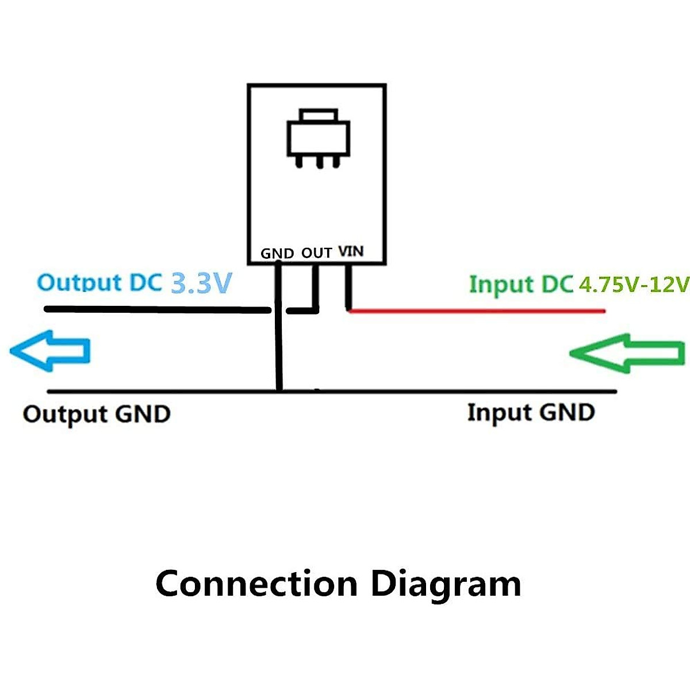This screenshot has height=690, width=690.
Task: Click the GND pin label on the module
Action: point(277,254)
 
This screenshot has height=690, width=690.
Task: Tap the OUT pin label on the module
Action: point(317,253)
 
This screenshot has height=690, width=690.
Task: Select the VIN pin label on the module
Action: point(351,251)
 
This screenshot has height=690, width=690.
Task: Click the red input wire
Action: point(477,311)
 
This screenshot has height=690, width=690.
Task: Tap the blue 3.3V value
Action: point(202,283)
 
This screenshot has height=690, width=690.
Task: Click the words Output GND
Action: point(97,415)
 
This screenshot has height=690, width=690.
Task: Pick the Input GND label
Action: point(531,413)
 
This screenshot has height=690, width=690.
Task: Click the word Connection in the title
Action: point(256,584)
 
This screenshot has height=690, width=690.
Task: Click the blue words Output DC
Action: point(99,283)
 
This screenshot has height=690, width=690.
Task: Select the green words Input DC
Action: point(521,285)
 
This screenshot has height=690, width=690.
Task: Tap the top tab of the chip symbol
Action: point(319,115)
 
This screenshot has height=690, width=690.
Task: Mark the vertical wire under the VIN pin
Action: point(348,286)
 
